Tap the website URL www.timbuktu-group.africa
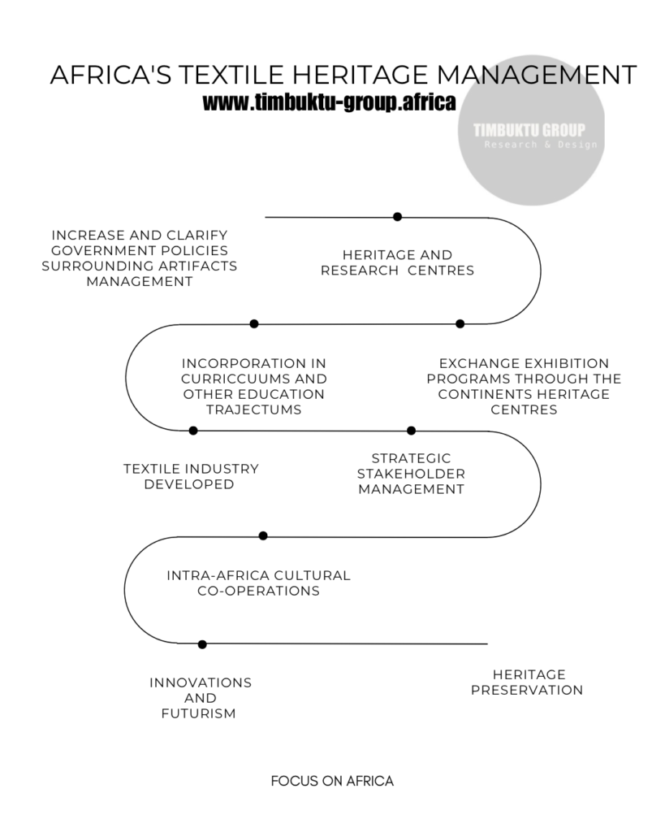[x=329, y=103]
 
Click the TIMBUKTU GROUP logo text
[x=529, y=130]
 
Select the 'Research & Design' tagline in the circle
[x=541, y=145]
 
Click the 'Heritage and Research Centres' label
[x=397, y=262]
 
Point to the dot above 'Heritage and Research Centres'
[x=397, y=217]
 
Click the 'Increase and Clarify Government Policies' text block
[x=140, y=258]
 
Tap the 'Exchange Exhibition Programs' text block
[x=524, y=386]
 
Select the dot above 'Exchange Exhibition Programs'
[x=460, y=323]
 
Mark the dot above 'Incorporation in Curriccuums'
[x=254, y=323]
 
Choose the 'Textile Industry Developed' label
[x=191, y=476]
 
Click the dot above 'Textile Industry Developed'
[x=193, y=431]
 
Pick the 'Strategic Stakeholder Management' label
[x=411, y=474]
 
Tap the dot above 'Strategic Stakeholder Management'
[x=411, y=431]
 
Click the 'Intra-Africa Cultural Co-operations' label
[x=258, y=583]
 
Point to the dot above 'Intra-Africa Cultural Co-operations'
[x=263, y=535]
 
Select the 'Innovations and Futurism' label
[x=200, y=698]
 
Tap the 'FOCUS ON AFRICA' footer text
[x=332, y=781]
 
